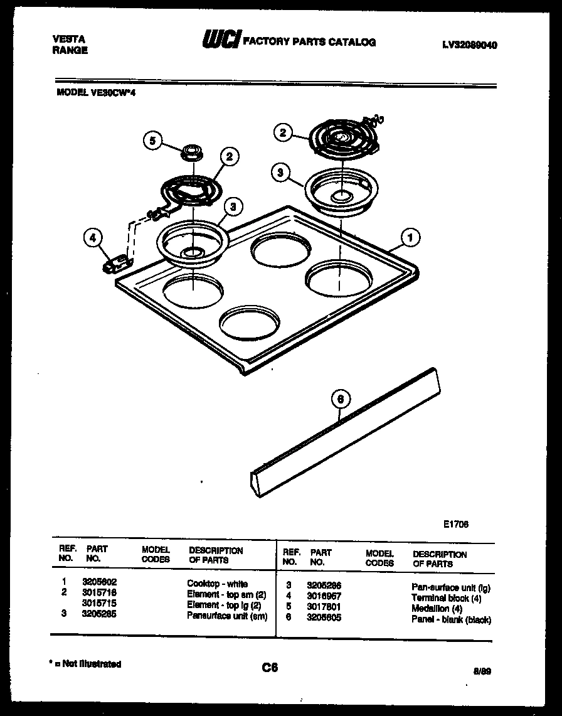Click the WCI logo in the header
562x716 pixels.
tap(220, 41)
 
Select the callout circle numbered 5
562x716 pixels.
tap(152, 141)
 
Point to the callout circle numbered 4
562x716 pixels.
tap(93, 238)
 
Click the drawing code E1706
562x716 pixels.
tap(455, 524)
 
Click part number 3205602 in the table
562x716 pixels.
tap(99, 583)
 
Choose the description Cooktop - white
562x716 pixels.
tap(217, 584)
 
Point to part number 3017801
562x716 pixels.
tap(324, 607)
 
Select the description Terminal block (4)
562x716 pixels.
tap(446, 598)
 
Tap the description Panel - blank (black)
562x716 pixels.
tap(451, 619)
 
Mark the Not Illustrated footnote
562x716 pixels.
tap(85, 664)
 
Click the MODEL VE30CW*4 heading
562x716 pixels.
tap(96, 92)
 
